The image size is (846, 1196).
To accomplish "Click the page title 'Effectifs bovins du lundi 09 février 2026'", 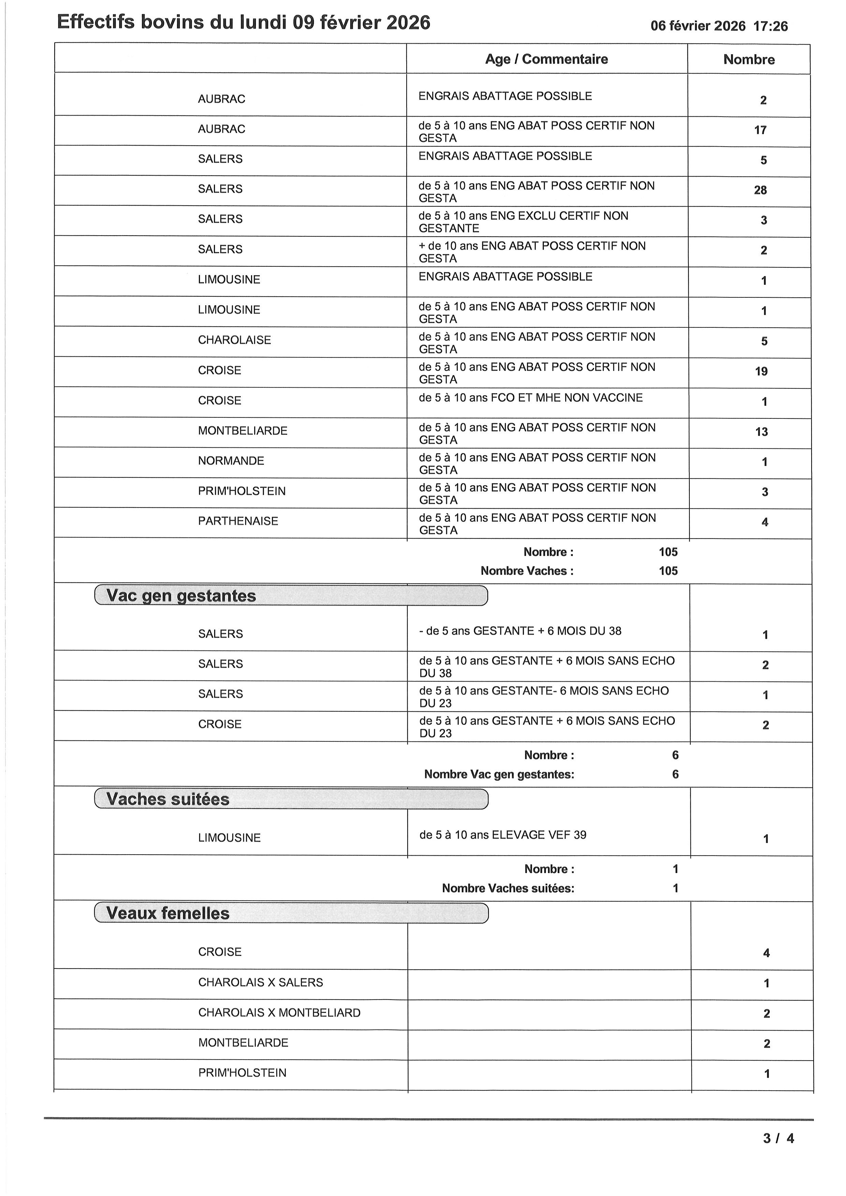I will pyautogui.click(x=243, y=23).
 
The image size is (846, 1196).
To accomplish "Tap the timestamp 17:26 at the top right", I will pyautogui.click(x=771, y=26).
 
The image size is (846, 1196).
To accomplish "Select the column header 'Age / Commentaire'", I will pyautogui.click(x=546, y=59).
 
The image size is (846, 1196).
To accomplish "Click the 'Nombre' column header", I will pyautogui.click(x=748, y=59).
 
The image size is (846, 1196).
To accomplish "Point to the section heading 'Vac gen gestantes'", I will pyautogui.click(x=181, y=596).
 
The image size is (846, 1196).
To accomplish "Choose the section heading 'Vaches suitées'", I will pyautogui.click(x=168, y=799).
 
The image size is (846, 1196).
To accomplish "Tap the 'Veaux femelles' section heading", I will pyautogui.click(x=168, y=913).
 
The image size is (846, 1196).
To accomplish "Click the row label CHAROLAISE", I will pyautogui.click(x=234, y=340).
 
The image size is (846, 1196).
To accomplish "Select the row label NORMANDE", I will pyautogui.click(x=231, y=461).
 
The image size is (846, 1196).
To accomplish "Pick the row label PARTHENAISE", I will pyautogui.click(x=238, y=521).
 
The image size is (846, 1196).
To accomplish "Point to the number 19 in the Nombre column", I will pyautogui.click(x=761, y=371).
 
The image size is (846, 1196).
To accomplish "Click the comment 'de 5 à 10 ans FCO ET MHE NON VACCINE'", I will pyautogui.click(x=530, y=398).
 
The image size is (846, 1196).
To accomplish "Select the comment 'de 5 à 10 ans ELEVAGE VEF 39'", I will pyautogui.click(x=503, y=835).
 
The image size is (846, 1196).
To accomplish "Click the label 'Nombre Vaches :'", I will pyautogui.click(x=527, y=571).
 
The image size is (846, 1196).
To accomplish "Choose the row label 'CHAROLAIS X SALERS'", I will pyautogui.click(x=261, y=983).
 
